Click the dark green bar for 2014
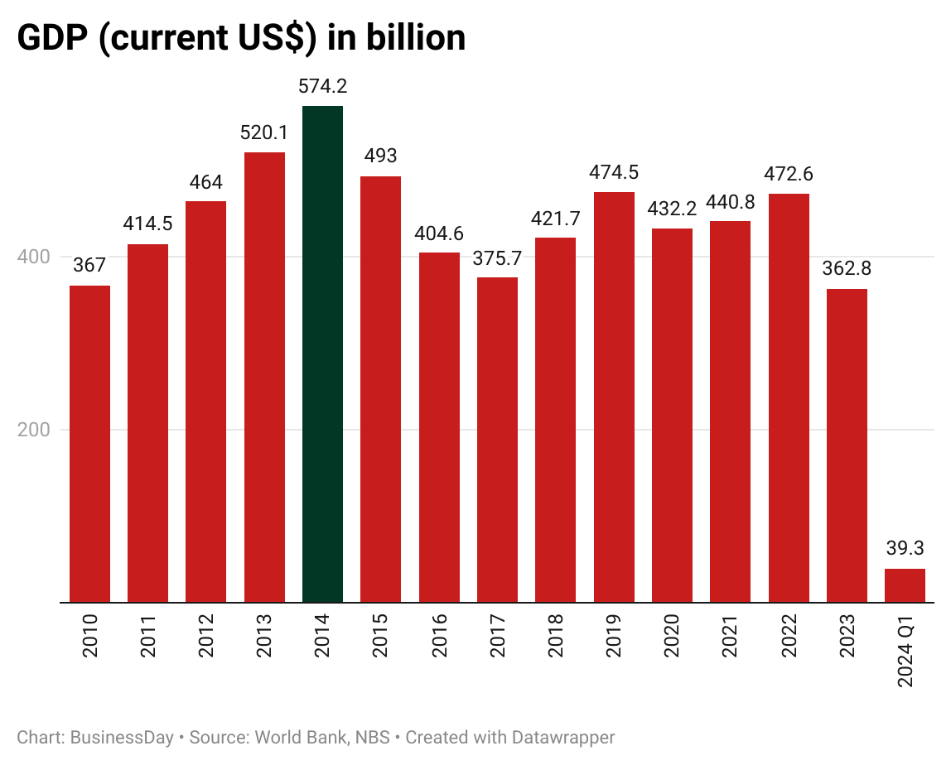322,354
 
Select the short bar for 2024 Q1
905,585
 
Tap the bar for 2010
89,444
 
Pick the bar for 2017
497,440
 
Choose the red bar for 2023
847,445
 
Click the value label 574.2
322,86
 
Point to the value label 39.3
905,549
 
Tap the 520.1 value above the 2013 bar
264,132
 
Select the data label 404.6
439,233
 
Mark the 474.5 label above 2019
614,172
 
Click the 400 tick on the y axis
34,257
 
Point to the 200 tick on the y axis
34,430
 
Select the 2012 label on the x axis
206,636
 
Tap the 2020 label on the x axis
672,636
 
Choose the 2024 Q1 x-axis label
905,652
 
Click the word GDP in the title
53,38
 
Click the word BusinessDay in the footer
122,738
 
